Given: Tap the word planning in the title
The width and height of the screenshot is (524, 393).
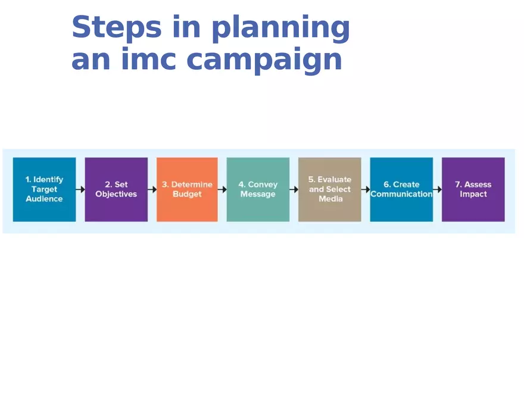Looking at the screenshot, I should (x=280, y=29).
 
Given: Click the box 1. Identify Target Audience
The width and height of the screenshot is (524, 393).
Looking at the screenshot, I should (x=44, y=189).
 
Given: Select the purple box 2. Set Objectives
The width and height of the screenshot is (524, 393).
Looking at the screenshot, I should (x=116, y=189).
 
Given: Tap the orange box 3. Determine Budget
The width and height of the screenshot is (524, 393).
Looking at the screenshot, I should (x=187, y=189).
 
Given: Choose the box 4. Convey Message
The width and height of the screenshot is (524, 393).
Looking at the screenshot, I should (x=258, y=189).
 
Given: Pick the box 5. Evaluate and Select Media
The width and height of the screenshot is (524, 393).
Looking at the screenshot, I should (x=329, y=189).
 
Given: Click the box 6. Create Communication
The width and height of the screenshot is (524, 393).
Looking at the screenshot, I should (x=401, y=189).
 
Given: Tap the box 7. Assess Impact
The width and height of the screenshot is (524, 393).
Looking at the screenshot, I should (x=473, y=189).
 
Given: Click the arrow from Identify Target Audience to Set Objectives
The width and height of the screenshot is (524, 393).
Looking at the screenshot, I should (x=80, y=189).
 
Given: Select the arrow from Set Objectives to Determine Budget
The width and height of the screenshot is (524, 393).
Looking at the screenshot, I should (x=152, y=189).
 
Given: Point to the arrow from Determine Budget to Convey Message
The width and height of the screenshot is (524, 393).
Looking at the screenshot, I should (x=222, y=189).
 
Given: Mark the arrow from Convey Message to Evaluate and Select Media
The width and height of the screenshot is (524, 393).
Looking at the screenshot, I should (x=294, y=189).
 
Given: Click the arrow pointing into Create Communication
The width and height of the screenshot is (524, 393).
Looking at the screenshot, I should (x=366, y=189).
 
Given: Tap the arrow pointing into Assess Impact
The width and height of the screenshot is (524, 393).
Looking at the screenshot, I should (x=438, y=189).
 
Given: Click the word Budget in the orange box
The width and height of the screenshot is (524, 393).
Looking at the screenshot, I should (x=187, y=194).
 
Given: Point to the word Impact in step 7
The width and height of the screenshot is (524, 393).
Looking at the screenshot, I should (x=473, y=194).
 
